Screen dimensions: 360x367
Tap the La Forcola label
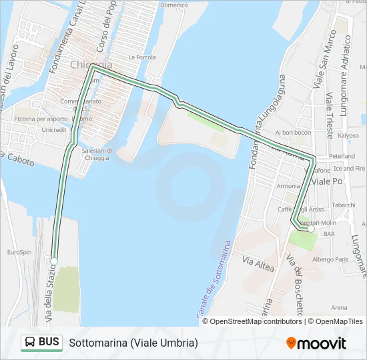(141, 57)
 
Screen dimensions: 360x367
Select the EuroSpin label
(19, 252)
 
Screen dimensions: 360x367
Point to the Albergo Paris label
(331, 259)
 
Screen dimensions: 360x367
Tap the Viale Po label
(328, 181)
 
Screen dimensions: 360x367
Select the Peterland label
(342, 156)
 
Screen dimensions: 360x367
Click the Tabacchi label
(344, 205)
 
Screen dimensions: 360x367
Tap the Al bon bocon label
(293, 133)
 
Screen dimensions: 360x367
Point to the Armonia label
(288, 185)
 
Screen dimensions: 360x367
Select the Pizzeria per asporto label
(41, 119)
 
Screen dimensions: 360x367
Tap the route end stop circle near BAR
(310, 229)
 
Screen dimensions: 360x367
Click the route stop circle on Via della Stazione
(54, 261)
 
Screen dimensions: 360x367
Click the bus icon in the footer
(31, 343)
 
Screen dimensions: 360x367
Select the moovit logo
(316, 343)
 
